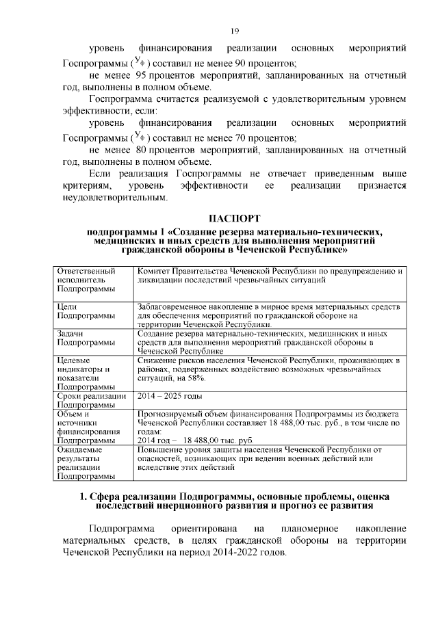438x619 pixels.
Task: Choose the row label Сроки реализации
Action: pos(90,396)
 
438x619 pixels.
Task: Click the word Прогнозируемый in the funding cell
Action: pos(172,414)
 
